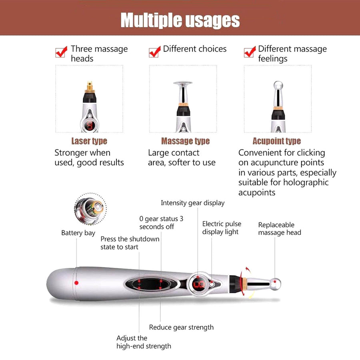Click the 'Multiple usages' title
180,20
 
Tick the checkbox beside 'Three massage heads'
61,52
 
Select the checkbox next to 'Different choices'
154,52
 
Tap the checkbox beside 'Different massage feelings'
249,52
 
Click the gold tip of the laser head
90,85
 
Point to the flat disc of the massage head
182,84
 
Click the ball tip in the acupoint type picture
277,85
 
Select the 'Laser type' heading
89,141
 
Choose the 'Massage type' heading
185,141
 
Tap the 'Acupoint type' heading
276,141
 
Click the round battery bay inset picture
90,209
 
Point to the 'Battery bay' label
78,233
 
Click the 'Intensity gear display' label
192,203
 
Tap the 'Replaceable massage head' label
279,228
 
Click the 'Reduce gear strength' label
181,327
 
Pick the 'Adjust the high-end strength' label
144,342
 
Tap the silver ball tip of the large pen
275,284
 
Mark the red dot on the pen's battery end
76,283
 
